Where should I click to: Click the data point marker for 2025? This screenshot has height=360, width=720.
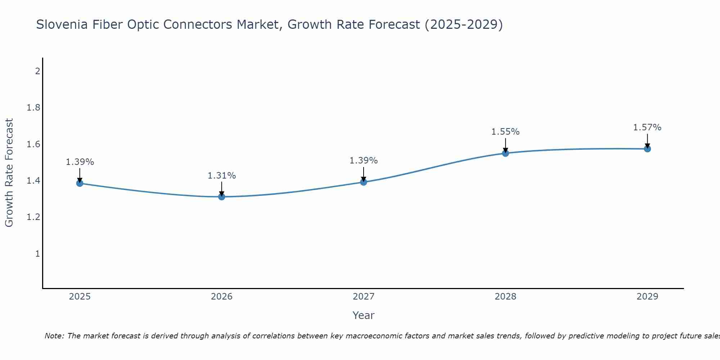(80, 183)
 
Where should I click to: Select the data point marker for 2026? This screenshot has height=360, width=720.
(221, 197)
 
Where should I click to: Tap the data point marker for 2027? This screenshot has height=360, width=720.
(363, 182)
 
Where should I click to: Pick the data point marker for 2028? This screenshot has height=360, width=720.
(505, 153)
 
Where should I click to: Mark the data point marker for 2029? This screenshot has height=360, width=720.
(647, 149)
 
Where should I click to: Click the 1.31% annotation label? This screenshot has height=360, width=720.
(221, 176)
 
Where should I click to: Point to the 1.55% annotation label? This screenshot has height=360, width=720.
(505, 132)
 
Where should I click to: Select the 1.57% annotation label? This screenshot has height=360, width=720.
(647, 127)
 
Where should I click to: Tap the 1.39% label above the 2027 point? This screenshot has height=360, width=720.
(363, 161)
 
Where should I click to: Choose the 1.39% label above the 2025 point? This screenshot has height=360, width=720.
(80, 162)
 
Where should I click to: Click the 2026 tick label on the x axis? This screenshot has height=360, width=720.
(221, 297)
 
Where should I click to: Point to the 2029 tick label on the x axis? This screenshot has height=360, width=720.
(647, 297)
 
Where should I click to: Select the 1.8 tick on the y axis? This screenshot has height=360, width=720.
(33, 108)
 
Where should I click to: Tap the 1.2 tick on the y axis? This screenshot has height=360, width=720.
(33, 217)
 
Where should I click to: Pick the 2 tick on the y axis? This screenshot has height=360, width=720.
(37, 71)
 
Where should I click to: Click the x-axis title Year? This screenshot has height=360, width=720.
(363, 315)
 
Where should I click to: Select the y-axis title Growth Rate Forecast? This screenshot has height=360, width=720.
(9, 172)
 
